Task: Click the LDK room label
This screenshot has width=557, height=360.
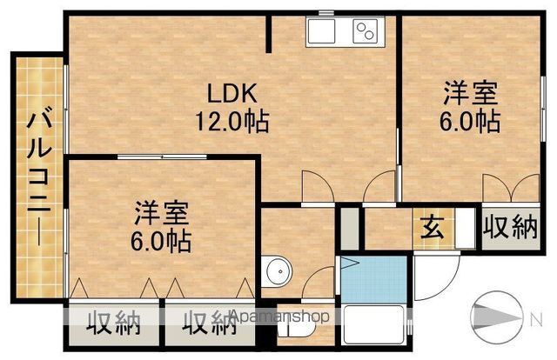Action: (232, 93)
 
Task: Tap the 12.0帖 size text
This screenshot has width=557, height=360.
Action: (232, 122)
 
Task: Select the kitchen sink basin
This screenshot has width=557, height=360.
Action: (321, 31)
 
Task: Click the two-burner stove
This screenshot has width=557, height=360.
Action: (366, 31)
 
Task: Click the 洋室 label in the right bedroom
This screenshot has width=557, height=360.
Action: (470, 93)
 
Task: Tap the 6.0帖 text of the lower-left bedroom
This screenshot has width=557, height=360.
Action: (161, 242)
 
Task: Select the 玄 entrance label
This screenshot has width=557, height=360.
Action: (433, 228)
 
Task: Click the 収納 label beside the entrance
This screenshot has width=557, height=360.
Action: (510, 227)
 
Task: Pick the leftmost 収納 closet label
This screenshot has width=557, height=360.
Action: (114, 323)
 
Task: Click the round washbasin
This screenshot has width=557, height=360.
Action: (277, 272)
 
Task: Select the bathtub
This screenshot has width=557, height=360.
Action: (374, 324)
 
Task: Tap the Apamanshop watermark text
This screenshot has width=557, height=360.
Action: (279, 316)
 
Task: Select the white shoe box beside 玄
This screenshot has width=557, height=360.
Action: (465, 228)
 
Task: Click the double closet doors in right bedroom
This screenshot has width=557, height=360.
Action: (511, 188)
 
